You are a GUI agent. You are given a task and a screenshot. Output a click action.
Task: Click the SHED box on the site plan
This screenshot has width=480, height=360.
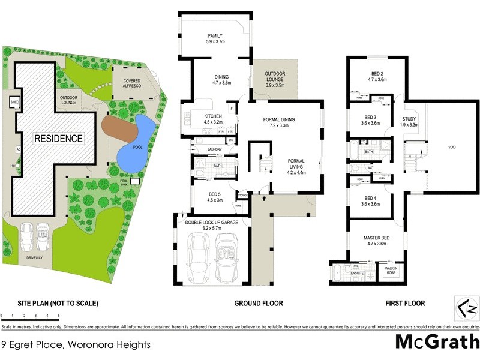tap(14, 103)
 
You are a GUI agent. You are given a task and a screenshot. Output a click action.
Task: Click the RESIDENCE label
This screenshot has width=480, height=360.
tap(58, 138)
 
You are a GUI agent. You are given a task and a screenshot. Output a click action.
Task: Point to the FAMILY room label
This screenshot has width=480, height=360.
tap(215, 38)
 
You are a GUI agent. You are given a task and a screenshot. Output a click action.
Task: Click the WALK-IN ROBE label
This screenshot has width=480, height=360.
tap(392, 270)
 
